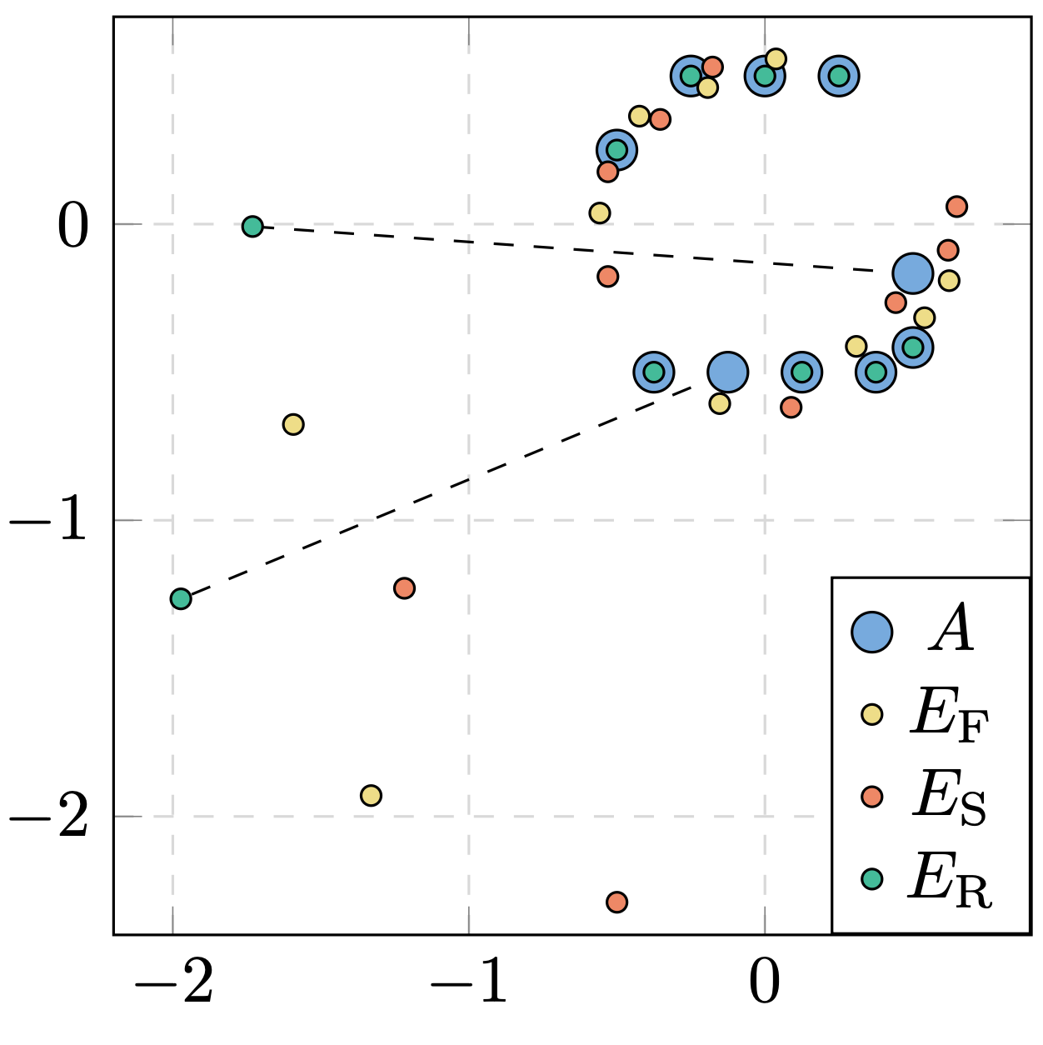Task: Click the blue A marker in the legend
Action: [x=871, y=632]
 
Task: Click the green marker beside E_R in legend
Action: [x=871, y=878]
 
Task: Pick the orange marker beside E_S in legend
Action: [x=871, y=796]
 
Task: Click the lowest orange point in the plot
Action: [x=616, y=902]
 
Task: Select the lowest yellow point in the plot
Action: [x=371, y=795]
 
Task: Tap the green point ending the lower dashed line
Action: [x=181, y=598]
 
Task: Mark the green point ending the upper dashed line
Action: [x=252, y=226]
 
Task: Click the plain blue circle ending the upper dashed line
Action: [x=912, y=272]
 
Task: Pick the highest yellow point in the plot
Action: [x=776, y=58]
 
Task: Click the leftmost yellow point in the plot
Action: [x=292, y=424]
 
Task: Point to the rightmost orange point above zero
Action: [x=956, y=206]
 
